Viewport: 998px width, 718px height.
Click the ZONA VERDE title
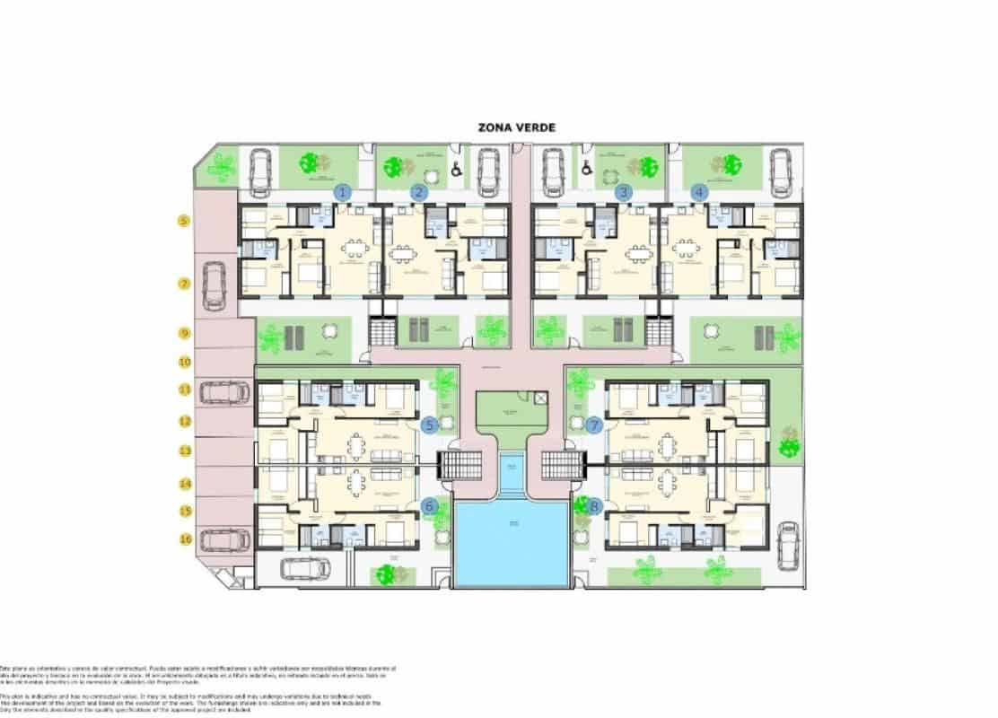click(x=517, y=127)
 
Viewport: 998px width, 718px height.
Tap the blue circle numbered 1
click(x=342, y=191)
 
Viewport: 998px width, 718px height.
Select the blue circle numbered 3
click(x=624, y=191)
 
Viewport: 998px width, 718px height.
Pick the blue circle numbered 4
click(x=700, y=191)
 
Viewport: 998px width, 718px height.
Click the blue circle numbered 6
click(x=430, y=506)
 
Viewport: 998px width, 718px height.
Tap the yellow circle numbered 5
click(x=184, y=220)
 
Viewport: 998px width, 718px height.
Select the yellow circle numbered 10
click(x=184, y=363)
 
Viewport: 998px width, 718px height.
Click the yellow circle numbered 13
click(x=184, y=451)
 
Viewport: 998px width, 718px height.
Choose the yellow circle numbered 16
click(x=184, y=539)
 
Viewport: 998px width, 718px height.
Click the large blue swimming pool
click(x=512, y=544)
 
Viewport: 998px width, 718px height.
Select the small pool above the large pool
click(x=511, y=473)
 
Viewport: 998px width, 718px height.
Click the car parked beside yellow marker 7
click(x=214, y=285)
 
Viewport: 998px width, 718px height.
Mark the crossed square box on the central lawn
click(x=539, y=398)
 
